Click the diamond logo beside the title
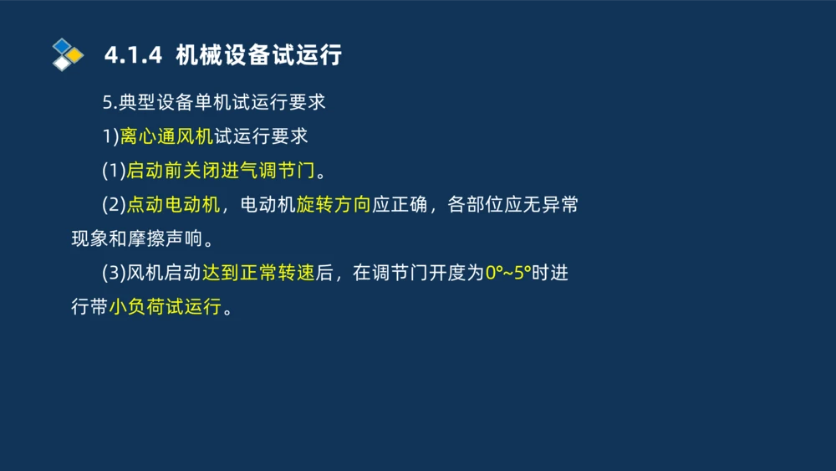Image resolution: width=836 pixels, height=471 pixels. [68, 55]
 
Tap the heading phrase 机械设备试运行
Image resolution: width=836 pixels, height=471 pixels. [259, 56]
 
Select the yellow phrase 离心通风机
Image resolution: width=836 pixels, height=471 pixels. [166, 136]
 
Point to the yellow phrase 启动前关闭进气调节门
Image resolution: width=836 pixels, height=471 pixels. [221, 171]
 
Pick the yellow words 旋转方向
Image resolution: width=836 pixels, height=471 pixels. [334, 205]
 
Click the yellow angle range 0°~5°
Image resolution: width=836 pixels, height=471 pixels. [508, 273]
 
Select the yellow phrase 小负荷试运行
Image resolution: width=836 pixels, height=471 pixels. [165, 307]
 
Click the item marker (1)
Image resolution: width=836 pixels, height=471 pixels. [114, 171]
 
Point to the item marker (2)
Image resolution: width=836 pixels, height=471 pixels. [114, 205]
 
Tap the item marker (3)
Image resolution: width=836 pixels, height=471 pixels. [114, 273]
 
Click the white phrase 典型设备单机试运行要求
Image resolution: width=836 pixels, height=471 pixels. [222, 103]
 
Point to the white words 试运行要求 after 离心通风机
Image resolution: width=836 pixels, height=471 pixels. [261, 136]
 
